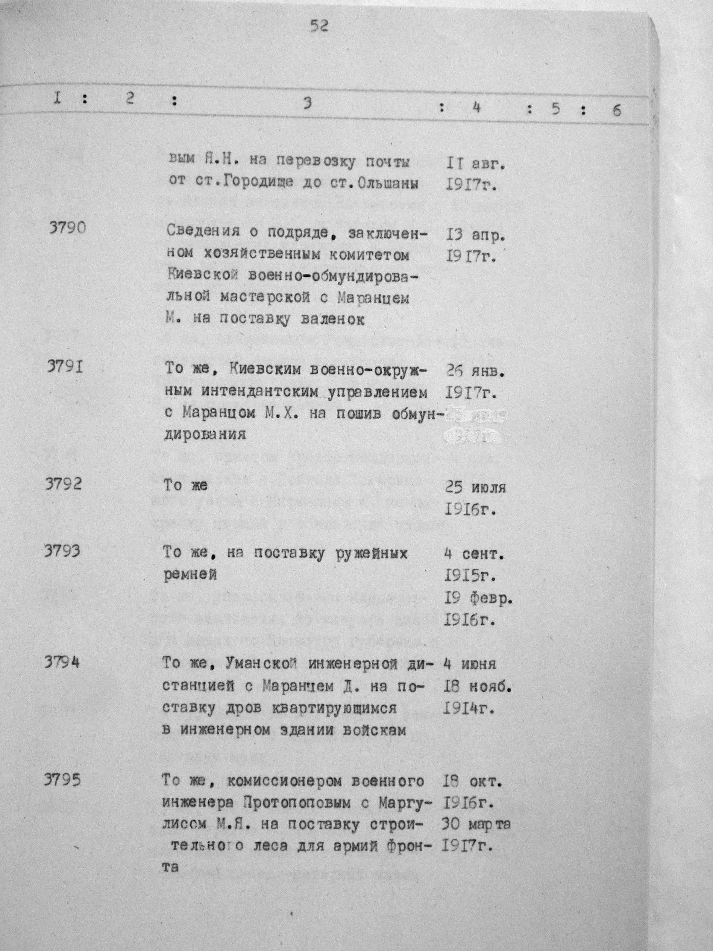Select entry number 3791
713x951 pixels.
click(65, 369)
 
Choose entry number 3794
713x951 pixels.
click(62, 663)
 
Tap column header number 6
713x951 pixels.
click(617, 111)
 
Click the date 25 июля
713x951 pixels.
click(475, 488)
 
